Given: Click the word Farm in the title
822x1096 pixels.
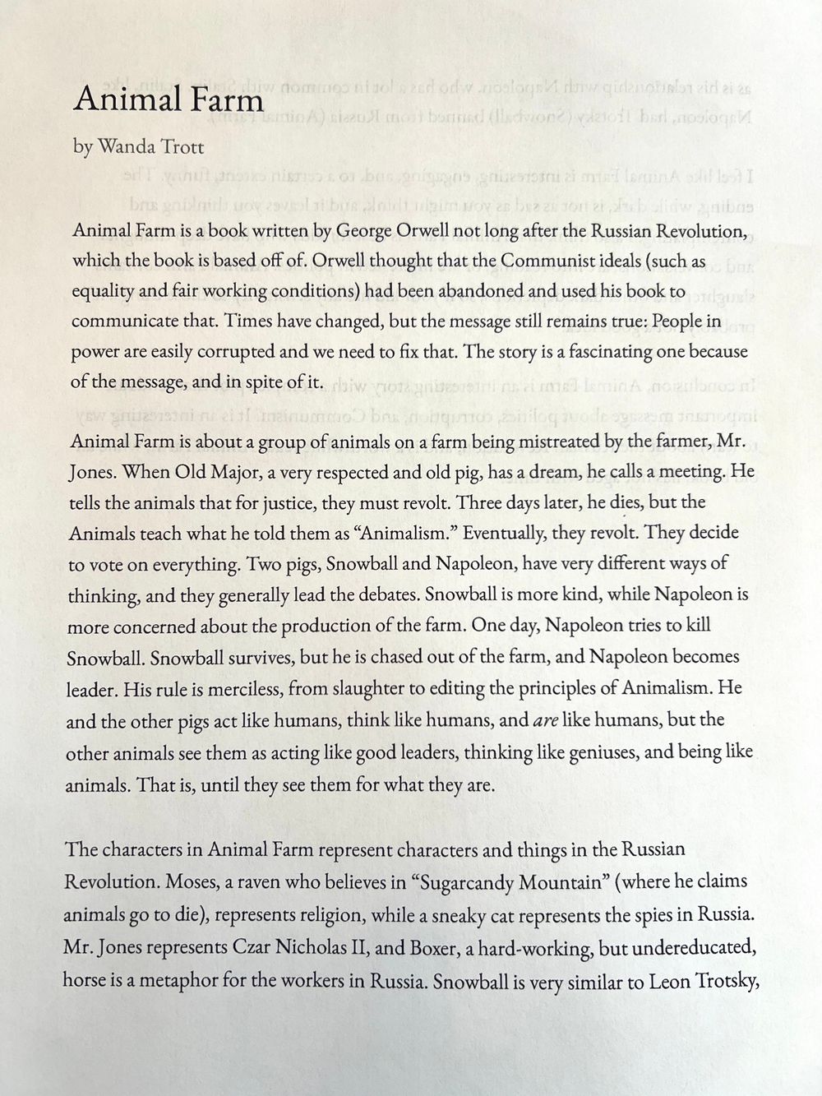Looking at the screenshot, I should pos(224,99).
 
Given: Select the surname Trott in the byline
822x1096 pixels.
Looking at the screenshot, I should pos(179,147).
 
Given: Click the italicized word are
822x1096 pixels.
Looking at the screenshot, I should pos(546,720).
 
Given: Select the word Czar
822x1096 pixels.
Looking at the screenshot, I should pos(253,946).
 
